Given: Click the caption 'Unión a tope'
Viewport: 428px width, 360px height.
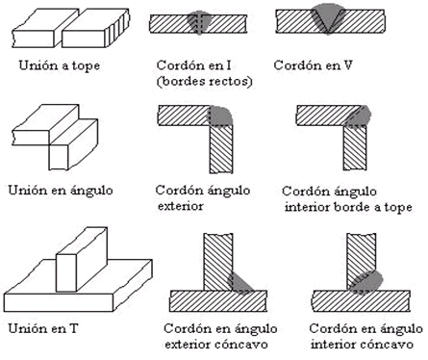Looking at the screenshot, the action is coord(60,66).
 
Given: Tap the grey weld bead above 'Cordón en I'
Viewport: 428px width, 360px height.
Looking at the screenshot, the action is coord(199,22).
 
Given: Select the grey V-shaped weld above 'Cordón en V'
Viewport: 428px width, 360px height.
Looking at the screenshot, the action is coord(328,17).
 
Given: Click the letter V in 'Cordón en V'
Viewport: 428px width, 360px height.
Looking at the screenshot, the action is coord(348,65).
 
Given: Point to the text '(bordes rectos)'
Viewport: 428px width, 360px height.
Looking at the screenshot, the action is coord(205,82).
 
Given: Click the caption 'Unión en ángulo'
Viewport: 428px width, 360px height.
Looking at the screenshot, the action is coord(61,191).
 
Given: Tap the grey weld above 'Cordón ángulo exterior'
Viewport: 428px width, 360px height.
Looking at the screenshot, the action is coord(220,116).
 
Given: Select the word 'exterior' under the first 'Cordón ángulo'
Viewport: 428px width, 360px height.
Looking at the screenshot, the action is coord(180,206).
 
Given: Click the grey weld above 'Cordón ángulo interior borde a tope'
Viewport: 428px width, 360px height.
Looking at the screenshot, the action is coord(358,116).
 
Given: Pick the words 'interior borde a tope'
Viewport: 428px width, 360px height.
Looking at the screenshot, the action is coord(348,207).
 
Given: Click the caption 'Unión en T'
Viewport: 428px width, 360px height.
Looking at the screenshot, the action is coord(43,328).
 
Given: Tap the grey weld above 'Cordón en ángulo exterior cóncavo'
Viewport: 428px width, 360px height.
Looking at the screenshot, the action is coord(239,283).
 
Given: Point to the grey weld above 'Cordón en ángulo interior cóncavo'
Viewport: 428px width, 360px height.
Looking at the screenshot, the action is coord(365,282).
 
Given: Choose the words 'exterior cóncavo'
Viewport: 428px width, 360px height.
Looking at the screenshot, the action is coord(216,345).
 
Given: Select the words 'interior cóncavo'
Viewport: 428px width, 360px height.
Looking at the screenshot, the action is coord(362,345).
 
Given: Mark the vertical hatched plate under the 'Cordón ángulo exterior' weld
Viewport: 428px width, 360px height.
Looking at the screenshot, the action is coord(221,148).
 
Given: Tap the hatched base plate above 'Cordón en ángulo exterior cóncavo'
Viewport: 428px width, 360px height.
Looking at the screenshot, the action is coord(218,301).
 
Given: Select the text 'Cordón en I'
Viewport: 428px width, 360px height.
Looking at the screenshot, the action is coord(193,65).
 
